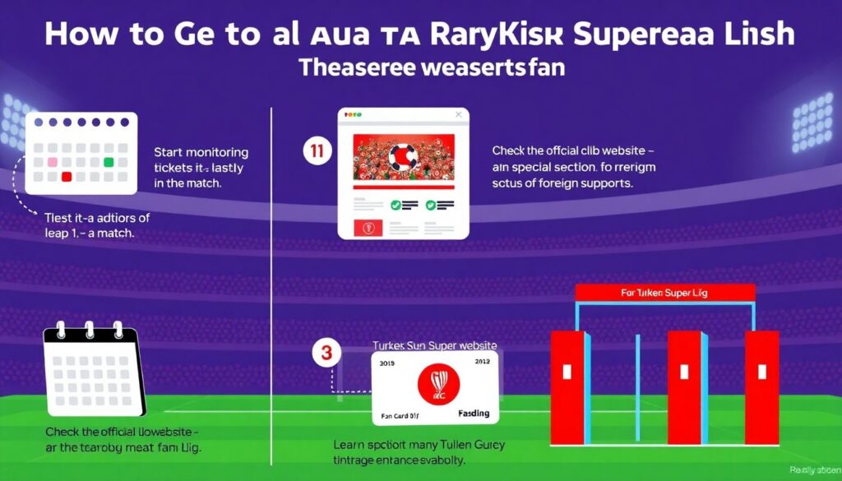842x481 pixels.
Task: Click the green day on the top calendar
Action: [x=108, y=161]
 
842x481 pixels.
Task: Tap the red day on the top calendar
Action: [x=68, y=176]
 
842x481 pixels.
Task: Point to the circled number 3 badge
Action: [x=325, y=354]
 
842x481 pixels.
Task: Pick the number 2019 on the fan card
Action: [x=389, y=361]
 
